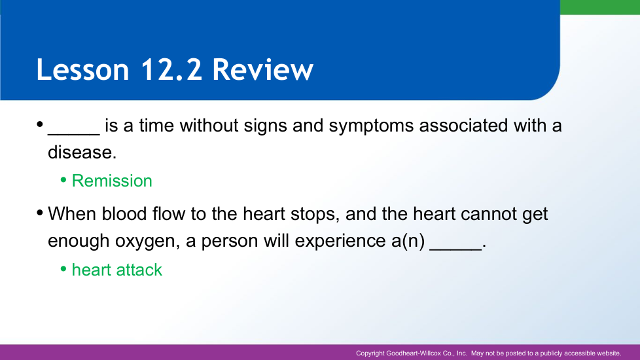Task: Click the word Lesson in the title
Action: pos(83,69)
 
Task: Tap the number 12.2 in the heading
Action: pos(171,69)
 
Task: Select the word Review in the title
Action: pos(263,69)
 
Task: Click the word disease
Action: pos(82,153)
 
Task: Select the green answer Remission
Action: pos(112,181)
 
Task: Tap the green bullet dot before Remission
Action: pos(63,179)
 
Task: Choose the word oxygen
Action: pos(147,242)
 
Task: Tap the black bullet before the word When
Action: pos(40,213)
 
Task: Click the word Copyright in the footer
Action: pos(370,353)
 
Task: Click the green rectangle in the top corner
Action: pos(600,7)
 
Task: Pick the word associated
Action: pos(463,126)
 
